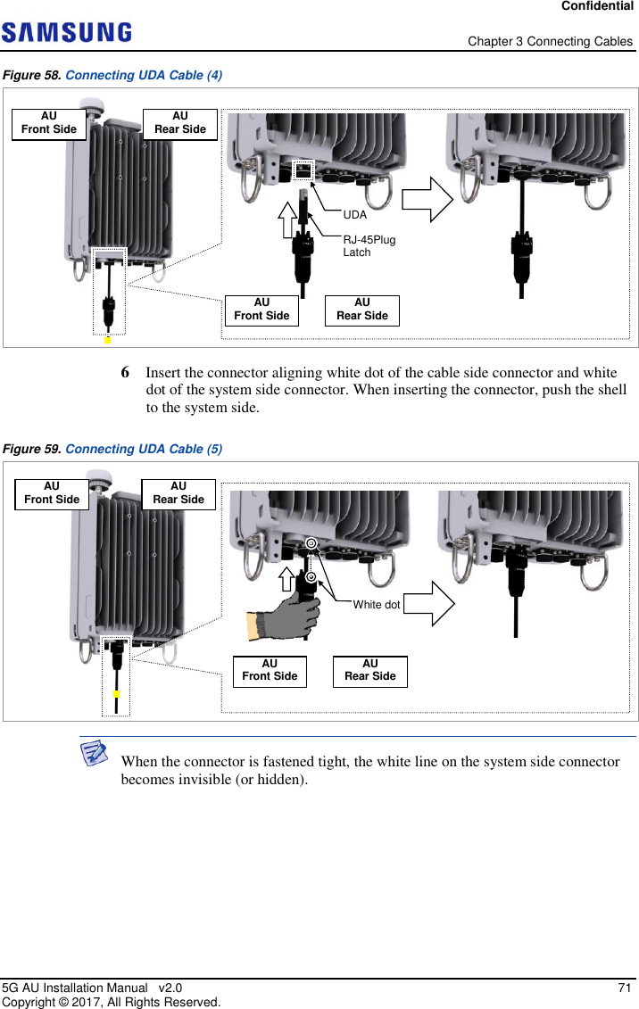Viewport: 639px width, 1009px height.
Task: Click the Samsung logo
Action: tap(67, 33)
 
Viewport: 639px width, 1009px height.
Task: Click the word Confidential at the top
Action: tap(597, 6)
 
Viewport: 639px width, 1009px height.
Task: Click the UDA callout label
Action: tap(355, 215)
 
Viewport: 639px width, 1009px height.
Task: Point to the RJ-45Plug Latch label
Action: tap(369, 246)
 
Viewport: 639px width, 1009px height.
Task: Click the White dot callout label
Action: tap(376, 605)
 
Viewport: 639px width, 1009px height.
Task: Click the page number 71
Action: tap(625, 988)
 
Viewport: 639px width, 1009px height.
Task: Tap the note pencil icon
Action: tap(94, 755)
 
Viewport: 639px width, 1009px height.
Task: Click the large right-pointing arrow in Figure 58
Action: tap(427, 199)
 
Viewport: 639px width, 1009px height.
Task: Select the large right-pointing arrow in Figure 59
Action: tap(429, 604)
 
